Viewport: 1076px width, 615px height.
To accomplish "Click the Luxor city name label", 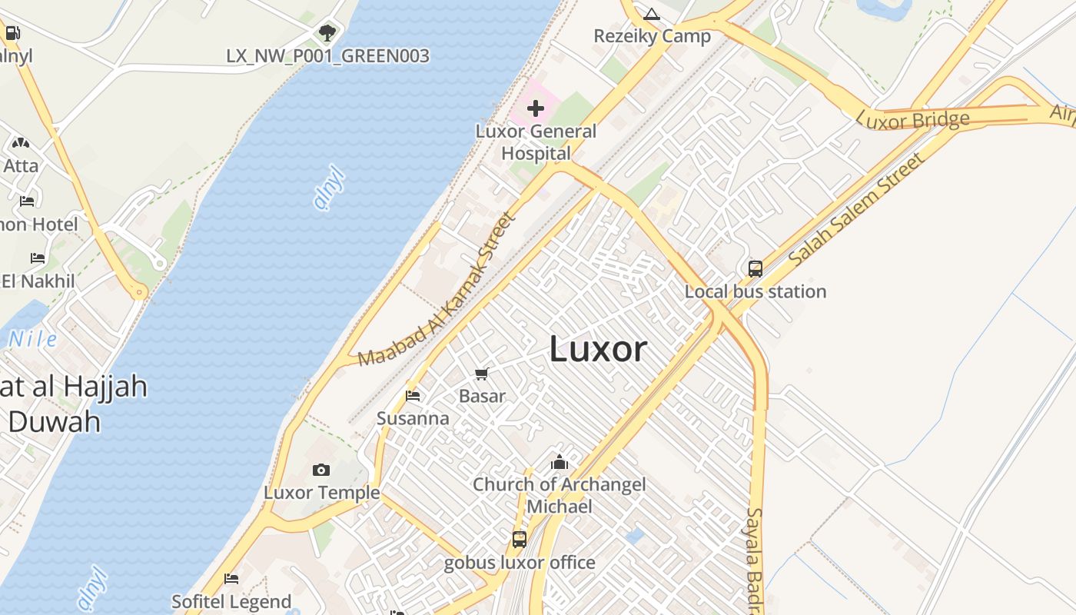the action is click(598, 350).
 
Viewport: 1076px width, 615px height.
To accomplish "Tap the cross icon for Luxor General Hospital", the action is click(536, 109).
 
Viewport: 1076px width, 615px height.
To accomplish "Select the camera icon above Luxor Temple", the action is click(321, 470).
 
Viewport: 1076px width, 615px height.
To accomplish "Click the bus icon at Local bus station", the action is click(756, 269).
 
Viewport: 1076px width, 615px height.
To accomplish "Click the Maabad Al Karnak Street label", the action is click(436, 290).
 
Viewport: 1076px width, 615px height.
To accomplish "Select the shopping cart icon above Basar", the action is click(482, 374).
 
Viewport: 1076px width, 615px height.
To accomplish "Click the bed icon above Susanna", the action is click(413, 397).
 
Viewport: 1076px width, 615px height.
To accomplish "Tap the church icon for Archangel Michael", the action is click(560, 462).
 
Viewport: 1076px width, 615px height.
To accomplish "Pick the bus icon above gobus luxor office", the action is click(520, 540).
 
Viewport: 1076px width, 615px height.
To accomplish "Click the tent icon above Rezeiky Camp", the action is click(652, 14).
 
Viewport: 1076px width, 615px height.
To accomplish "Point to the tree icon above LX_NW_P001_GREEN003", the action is click(327, 32).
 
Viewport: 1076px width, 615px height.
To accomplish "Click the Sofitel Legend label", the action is click(231, 602).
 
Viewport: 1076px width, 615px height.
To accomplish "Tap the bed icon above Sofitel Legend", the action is click(231, 579).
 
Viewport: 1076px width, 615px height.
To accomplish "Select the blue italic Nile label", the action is click(33, 339).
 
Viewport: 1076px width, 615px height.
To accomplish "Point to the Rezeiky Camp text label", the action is click(652, 36).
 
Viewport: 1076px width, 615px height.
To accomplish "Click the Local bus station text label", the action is click(756, 291).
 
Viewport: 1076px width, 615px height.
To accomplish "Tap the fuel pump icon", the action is click(13, 33).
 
